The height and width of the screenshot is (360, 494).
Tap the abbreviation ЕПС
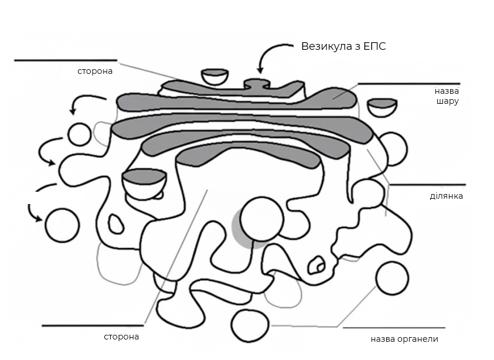pos(375,46)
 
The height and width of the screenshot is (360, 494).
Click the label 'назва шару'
pos(447,96)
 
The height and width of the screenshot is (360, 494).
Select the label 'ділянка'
pos(447,196)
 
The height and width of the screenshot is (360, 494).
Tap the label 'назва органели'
pos(404,339)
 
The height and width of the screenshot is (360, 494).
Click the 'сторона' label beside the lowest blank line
pos(121,337)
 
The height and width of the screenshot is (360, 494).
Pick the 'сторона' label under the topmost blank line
pos(95,71)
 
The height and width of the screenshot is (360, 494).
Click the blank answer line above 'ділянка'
pos(428,185)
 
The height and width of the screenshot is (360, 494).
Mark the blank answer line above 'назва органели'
pos(394,328)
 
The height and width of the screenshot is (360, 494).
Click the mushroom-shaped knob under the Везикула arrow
pos(257,84)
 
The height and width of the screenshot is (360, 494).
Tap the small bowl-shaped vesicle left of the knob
pos(215,77)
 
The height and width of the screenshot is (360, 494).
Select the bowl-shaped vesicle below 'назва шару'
pos(383,107)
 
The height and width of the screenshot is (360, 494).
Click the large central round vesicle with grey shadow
pos(261,219)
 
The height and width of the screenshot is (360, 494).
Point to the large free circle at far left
pos(62,225)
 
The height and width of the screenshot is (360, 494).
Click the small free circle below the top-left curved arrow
pos(80,135)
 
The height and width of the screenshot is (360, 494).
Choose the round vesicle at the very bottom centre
pos(250,325)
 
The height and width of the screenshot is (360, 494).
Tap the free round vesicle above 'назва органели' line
pos(392,279)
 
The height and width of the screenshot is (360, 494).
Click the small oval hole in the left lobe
pos(115,224)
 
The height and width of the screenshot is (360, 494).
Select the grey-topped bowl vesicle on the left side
pos(144,184)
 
